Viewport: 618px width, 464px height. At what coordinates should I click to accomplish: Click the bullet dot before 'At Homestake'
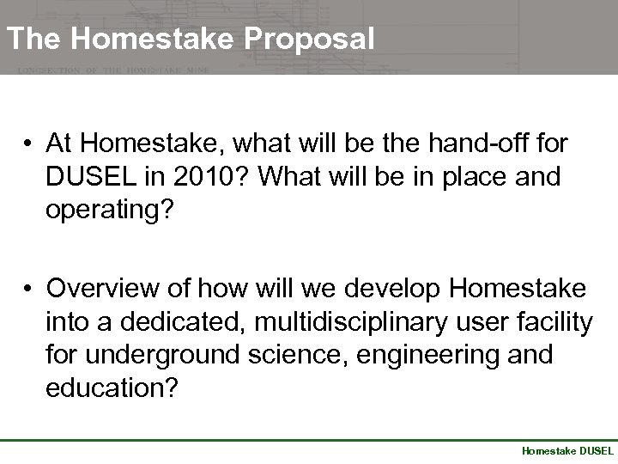[29, 142]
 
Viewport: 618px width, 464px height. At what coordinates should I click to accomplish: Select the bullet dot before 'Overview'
[29, 287]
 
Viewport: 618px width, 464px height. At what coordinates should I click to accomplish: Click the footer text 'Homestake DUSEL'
[567, 450]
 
